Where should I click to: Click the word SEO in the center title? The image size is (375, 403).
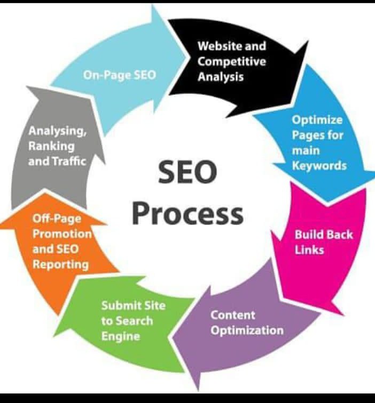187,172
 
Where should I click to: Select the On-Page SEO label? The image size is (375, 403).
120,75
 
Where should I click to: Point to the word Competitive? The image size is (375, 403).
232,62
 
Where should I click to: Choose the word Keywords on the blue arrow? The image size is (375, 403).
319,166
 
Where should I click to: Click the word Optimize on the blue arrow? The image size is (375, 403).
317,120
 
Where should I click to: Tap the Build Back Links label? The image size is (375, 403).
324,242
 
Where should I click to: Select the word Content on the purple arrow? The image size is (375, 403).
233,315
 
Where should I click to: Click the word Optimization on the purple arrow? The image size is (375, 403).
247,331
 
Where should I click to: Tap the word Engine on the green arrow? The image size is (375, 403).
121,336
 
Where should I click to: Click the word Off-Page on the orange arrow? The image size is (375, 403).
57,219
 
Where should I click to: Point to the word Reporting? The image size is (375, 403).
60,265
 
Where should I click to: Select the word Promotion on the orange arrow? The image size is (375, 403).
62,234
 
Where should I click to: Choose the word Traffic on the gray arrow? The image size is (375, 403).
69,162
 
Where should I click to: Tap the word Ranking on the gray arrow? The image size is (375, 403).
51,147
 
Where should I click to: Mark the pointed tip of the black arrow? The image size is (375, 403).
308,41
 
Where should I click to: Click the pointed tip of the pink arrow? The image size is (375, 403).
343,315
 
